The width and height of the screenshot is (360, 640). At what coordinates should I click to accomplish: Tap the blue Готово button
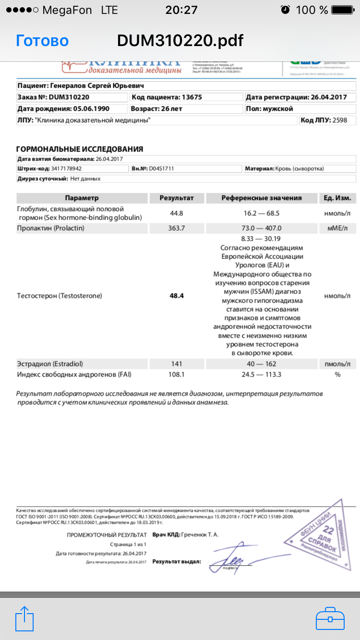[42, 41]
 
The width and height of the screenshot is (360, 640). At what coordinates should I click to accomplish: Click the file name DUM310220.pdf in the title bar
[180, 41]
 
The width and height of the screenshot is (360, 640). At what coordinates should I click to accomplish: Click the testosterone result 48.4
[177, 296]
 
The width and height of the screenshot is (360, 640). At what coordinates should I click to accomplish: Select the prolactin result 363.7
[177, 228]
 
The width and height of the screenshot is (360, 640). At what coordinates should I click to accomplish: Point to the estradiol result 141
[177, 364]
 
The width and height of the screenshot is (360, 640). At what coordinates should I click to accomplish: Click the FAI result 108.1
[177, 374]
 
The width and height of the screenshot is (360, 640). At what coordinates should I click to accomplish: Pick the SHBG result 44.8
[177, 213]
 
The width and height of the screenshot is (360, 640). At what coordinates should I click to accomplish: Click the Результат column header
[177, 198]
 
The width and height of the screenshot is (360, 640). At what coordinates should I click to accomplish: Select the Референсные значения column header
[262, 198]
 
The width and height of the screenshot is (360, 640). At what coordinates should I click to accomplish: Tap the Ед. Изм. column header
[337, 198]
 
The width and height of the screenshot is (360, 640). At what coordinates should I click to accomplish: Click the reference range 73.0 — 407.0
[262, 228]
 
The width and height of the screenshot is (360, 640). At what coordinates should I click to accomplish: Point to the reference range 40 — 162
[262, 364]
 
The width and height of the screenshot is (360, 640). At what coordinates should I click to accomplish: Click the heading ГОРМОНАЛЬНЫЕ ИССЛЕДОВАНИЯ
[80, 149]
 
